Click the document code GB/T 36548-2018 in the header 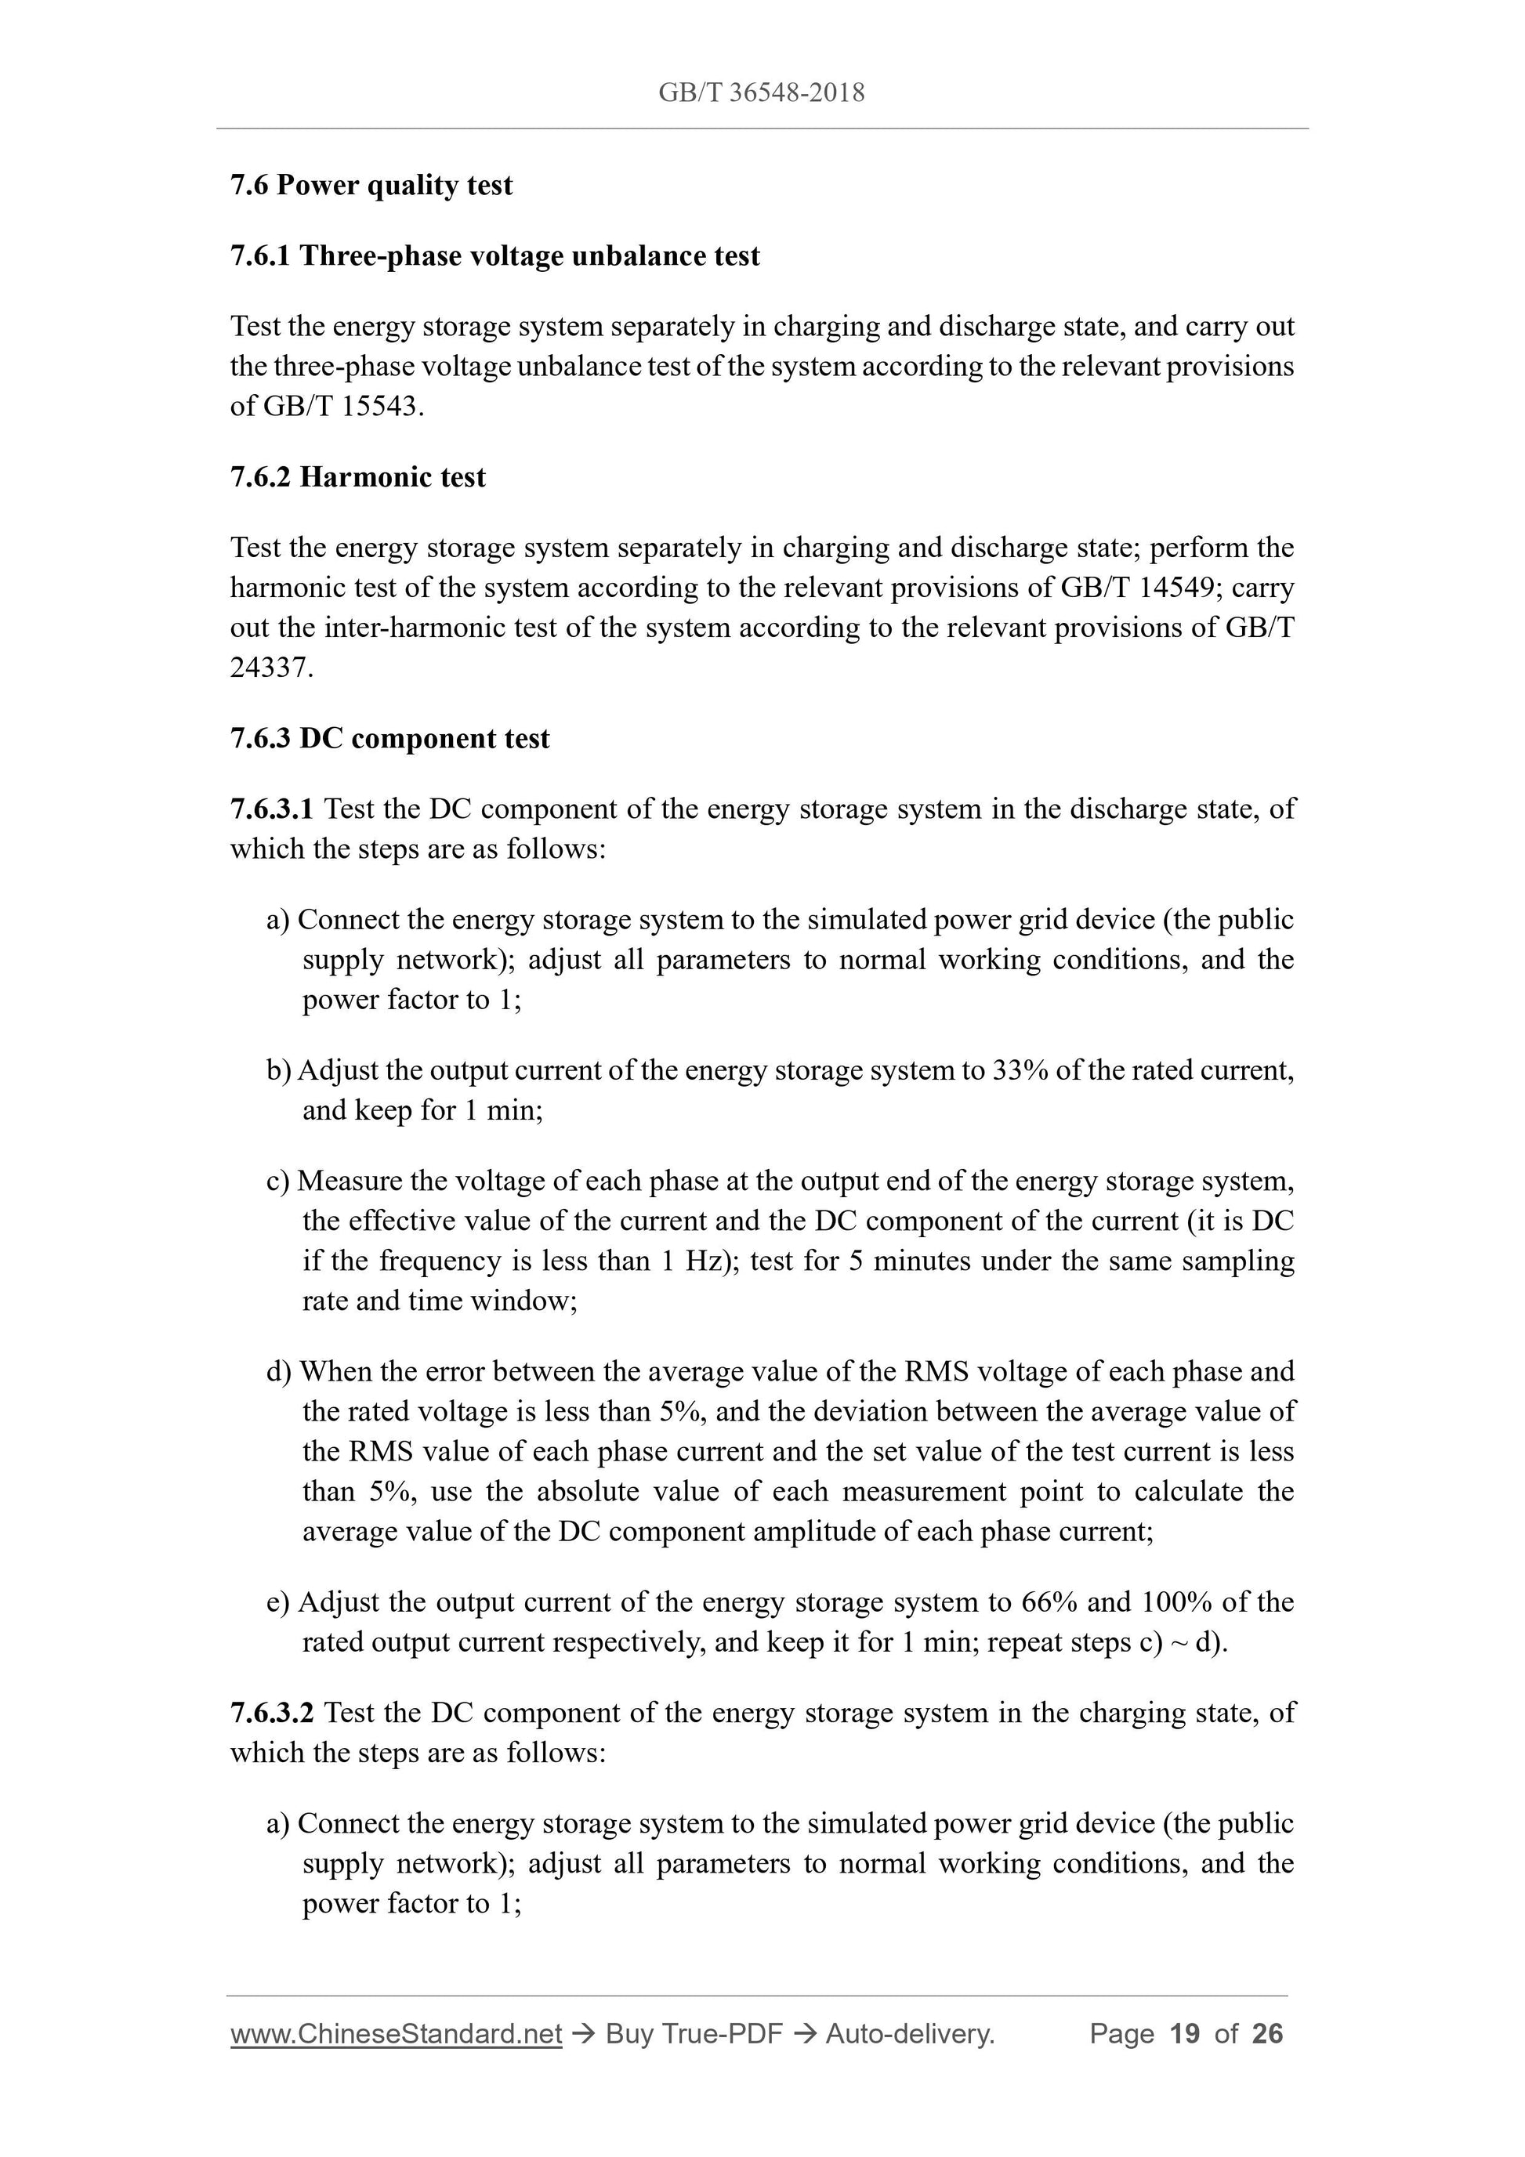(761, 92)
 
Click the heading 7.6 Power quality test (371, 185)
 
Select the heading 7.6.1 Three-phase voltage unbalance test (494, 255)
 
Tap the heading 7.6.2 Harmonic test (358, 477)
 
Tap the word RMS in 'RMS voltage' (936, 1372)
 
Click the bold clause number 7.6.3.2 (272, 1713)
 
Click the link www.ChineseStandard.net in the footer (396, 2034)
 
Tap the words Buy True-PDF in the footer (694, 2034)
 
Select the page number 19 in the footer (1185, 2034)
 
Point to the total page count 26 (1267, 2034)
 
